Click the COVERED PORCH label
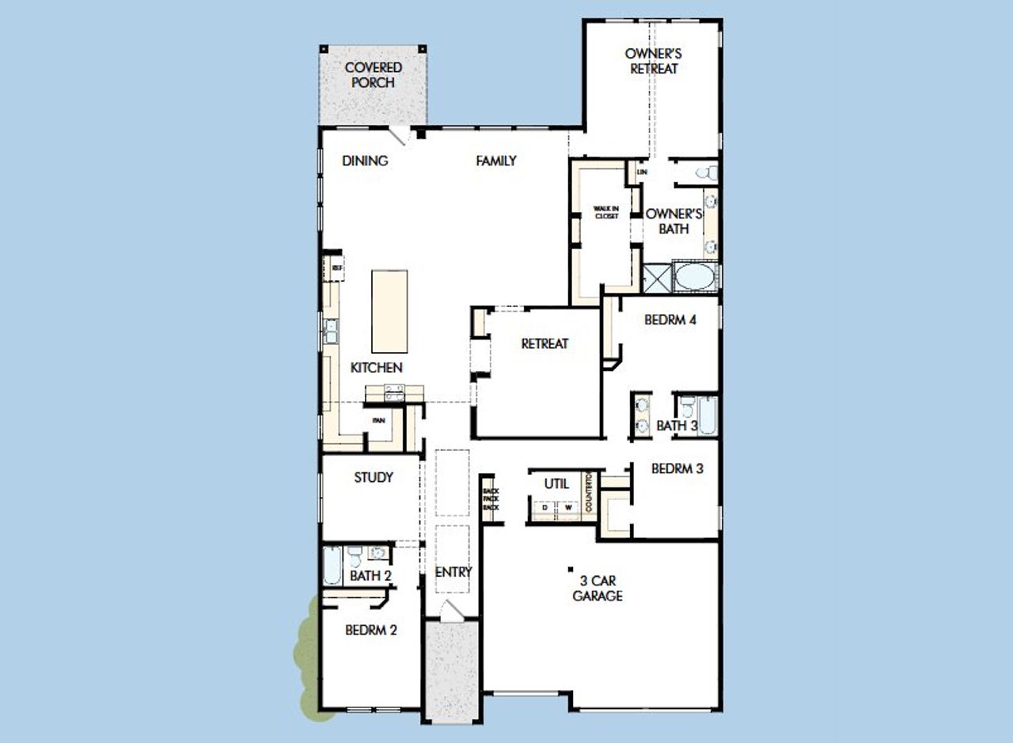[x=373, y=75]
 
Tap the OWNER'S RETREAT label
[x=653, y=61]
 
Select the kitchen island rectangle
[x=390, y=311]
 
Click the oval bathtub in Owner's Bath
[x=695, y=277]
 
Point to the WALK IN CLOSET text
[x=606, y=212]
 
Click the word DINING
[x=365, y=161]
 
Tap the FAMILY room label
[x=496, y=161]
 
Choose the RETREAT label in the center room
[x=544, y=343]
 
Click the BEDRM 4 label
[x=670, y=320]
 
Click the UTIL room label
[x=556, y=483]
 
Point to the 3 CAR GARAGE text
[x=598, y=589]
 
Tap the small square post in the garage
[x=571, y=567]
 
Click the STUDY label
[x=374, y=478]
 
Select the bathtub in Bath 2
[x=332, y=565]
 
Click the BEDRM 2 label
[x=370, y=631]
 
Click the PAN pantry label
[x=379, y=420]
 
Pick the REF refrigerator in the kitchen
[x=336, y=268]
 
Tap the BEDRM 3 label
[x=677, y=468]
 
